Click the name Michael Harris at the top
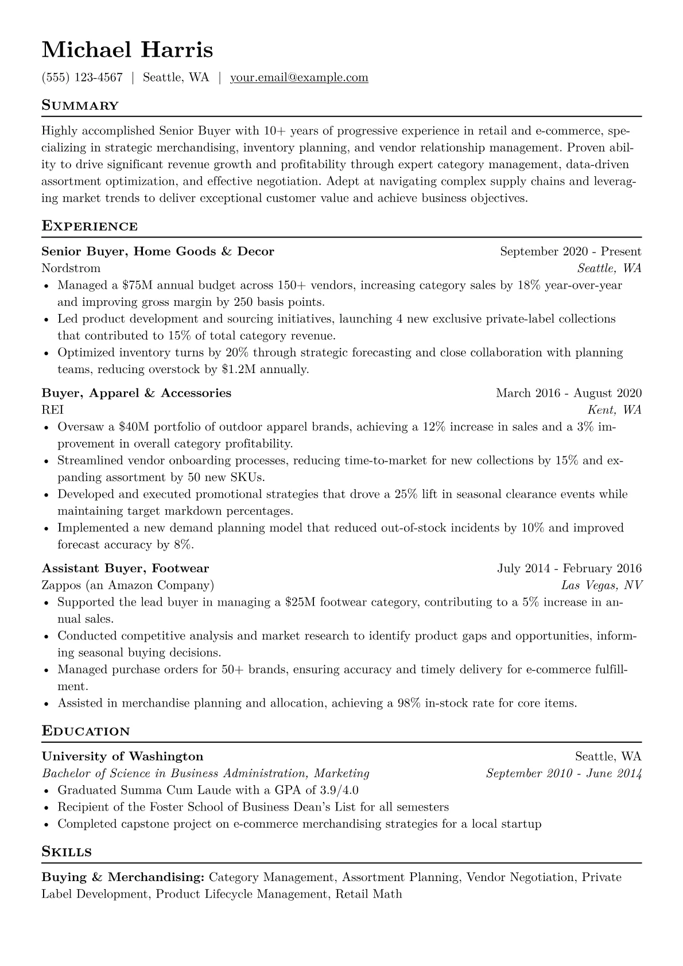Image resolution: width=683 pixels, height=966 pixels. tap(127, 50)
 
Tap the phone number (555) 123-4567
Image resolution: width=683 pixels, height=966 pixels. tap(82, 77)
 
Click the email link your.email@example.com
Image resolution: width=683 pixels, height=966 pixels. tap(299, 77)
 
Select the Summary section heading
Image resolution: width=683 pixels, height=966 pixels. tap(80, 106)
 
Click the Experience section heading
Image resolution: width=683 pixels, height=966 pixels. tap(90, 226)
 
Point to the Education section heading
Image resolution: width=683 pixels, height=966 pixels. tap(86, 731)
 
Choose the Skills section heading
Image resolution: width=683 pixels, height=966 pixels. tap(67, 852)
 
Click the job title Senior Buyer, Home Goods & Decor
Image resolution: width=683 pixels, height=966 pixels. tap(158, 251)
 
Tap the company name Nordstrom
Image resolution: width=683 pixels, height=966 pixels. tap(71, 268)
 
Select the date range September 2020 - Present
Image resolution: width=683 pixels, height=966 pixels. tap(571, 251)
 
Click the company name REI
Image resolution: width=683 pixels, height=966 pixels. tap(53, 410)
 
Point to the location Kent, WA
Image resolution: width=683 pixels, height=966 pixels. tap(614, 410)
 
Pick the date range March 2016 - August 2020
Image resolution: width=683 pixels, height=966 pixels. tap(569, 393)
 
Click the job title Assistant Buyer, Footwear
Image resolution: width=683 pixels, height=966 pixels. tap(125, 568)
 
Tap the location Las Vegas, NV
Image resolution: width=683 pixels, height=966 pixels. tap(601, 585)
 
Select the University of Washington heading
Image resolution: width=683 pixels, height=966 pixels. tap(122, 756)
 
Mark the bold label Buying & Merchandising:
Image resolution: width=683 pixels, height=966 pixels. tap(123, 878)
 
